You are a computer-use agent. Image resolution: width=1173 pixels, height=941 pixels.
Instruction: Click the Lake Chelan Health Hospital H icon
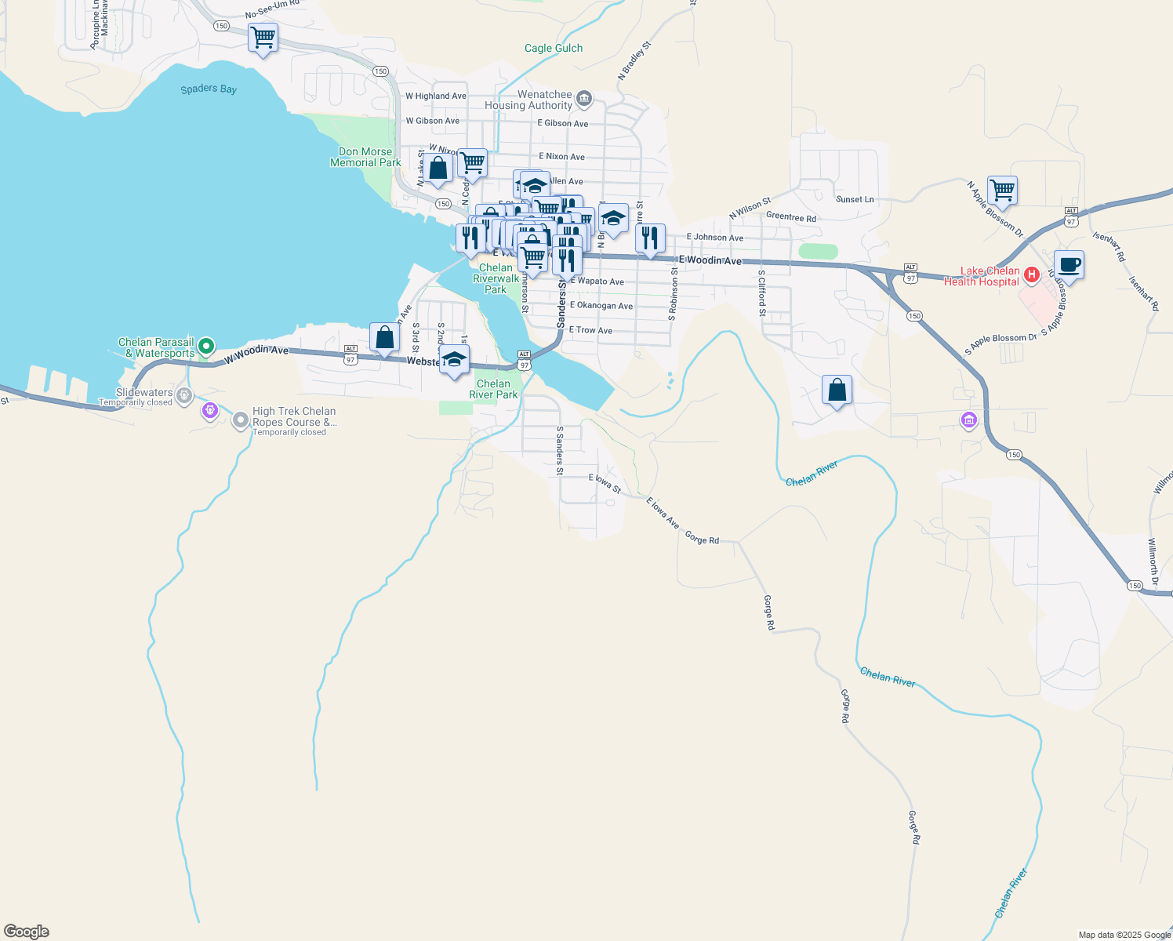tap(1032, 274)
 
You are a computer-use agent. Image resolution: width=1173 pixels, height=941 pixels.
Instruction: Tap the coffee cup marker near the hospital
tap(1069, 266)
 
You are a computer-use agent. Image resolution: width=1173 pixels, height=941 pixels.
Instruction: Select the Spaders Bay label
tap(209, 89)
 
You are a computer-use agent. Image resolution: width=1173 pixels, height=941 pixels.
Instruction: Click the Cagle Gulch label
tap(554, 48)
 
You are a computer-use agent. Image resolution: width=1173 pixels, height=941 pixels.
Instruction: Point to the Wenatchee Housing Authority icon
tap(583, 99)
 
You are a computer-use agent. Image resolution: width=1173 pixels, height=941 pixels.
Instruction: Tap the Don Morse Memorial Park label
tap(365, 157)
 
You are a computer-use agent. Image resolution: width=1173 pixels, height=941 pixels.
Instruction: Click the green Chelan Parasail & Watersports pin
tap(206, 345)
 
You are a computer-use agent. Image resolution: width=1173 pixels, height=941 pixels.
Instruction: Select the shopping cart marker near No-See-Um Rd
tap(263, 38)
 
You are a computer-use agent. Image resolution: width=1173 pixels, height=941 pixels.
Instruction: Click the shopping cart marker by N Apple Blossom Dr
tap(1002, 191)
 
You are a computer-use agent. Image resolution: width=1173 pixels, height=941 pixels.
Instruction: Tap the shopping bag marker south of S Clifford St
tap(837, 390)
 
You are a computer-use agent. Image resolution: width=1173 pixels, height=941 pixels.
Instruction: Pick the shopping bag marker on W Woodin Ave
tap(384, 338)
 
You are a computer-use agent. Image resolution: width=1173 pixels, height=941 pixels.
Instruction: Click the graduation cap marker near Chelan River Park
tap(454, 360)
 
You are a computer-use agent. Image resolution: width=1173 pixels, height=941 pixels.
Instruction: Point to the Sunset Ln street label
tap(855, 199)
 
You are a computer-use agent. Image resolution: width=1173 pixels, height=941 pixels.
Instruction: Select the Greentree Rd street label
tap(790, 217)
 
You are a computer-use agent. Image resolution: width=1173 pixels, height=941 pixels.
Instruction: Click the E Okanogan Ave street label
tap(601, 306)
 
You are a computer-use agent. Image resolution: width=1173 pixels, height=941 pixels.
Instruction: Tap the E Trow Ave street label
tap(590, 330)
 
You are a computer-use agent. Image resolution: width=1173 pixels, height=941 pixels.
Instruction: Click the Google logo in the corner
tap(27, 932)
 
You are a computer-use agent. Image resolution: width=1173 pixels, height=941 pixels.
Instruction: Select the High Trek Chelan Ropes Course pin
tap(241, 421)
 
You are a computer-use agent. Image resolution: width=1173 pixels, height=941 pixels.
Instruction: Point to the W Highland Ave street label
tap(435, 96)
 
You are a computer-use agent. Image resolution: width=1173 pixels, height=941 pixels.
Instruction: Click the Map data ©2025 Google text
tap(1124, 935)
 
